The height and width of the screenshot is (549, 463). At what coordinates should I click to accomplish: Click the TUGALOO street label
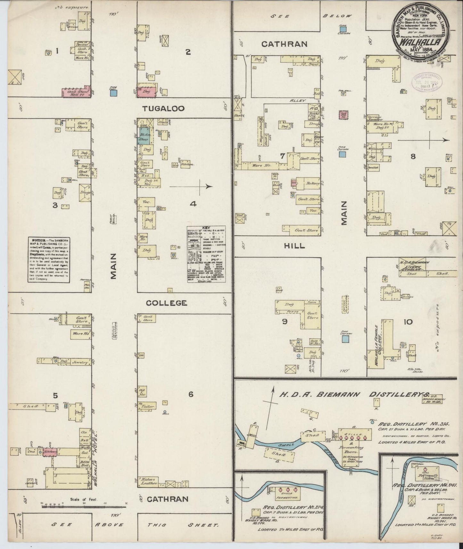click(163, 109)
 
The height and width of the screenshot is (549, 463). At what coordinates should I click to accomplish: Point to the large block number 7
click(282, 156)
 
